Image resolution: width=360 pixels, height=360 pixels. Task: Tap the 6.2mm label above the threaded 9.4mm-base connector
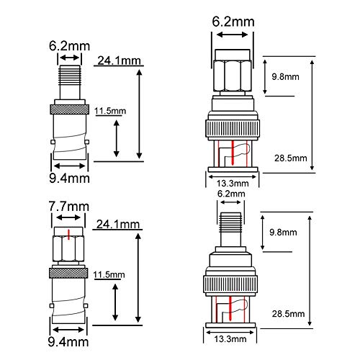click(70, 45)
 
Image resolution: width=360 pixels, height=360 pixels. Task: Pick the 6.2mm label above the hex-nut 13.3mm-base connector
click(233, 22)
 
